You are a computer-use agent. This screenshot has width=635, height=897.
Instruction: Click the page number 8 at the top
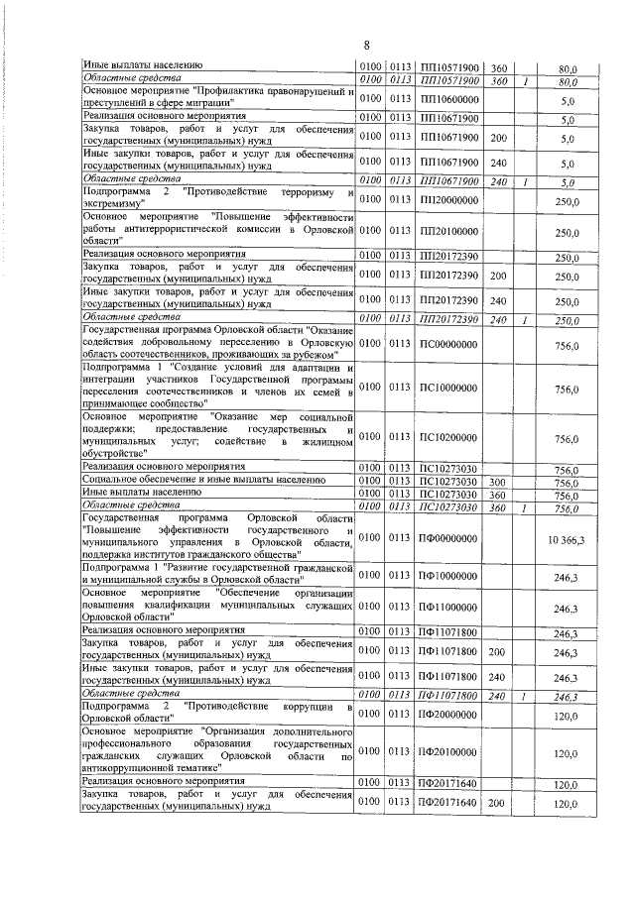click(366, 45)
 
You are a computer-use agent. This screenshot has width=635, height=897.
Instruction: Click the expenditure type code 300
click(498, 482)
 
